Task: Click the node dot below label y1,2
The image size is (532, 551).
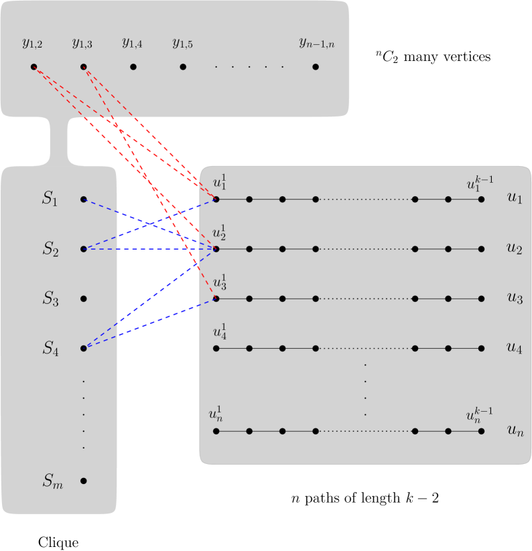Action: [34, 67]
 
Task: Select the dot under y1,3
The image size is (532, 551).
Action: [83, 67]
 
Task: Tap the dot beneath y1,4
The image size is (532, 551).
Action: [133, 67]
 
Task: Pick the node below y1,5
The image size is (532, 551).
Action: [183, 67]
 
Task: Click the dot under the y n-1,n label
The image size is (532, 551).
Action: [316, 67]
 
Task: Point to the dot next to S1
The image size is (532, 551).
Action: [83, 200]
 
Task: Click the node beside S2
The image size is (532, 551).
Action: [83, 249]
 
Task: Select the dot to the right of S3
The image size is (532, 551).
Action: [83, 299]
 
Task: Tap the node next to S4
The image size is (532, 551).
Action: [83, 348]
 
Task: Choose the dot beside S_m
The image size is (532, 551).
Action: [83, 481]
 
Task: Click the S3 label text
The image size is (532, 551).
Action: [51, 299]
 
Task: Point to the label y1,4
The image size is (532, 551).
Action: [132, 44]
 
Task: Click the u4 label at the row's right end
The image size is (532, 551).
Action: [514, 348]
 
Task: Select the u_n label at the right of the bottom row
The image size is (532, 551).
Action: [515, 432]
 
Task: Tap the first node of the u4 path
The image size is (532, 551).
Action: [216, 348]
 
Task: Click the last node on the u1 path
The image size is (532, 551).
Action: [481, 200]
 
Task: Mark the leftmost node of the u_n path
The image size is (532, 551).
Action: [216, 431]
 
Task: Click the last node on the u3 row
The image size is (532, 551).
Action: [481, 299]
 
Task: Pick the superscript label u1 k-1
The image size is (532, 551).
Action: [479, 183]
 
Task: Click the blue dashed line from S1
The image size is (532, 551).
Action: [147, 224]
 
